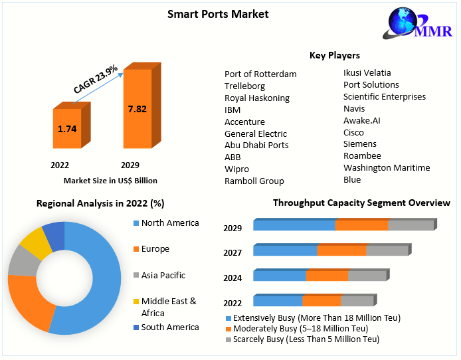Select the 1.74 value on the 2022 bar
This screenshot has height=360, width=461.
click(x=67, y=129)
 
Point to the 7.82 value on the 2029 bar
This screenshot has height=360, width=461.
click(x=137, y=109)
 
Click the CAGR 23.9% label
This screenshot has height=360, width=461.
click(x=96, y=78)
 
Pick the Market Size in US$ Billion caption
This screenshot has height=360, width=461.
click(x=110, y=180)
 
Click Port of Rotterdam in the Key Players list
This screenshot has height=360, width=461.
click(x=260, y=74)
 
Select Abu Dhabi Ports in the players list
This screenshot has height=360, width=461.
click(x=256, y=145)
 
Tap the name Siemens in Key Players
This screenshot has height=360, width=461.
click(x=359, y=143)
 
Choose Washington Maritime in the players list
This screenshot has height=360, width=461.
click(x=387, y=167)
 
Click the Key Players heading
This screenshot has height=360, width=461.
click(x=335, y=55)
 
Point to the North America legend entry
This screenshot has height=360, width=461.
click(x=170, y=223)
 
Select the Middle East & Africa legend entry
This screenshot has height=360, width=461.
click(x=169, y=307)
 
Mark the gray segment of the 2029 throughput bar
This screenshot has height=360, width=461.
click(x=410, y=225)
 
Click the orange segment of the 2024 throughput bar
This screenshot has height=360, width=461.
click(x=327, y=275)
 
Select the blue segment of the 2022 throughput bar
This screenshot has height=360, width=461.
click(x=278, y=301)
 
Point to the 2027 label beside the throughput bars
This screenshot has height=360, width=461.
click(x=232, y=252)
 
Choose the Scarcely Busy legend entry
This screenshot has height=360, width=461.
click(x=306, y=339)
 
